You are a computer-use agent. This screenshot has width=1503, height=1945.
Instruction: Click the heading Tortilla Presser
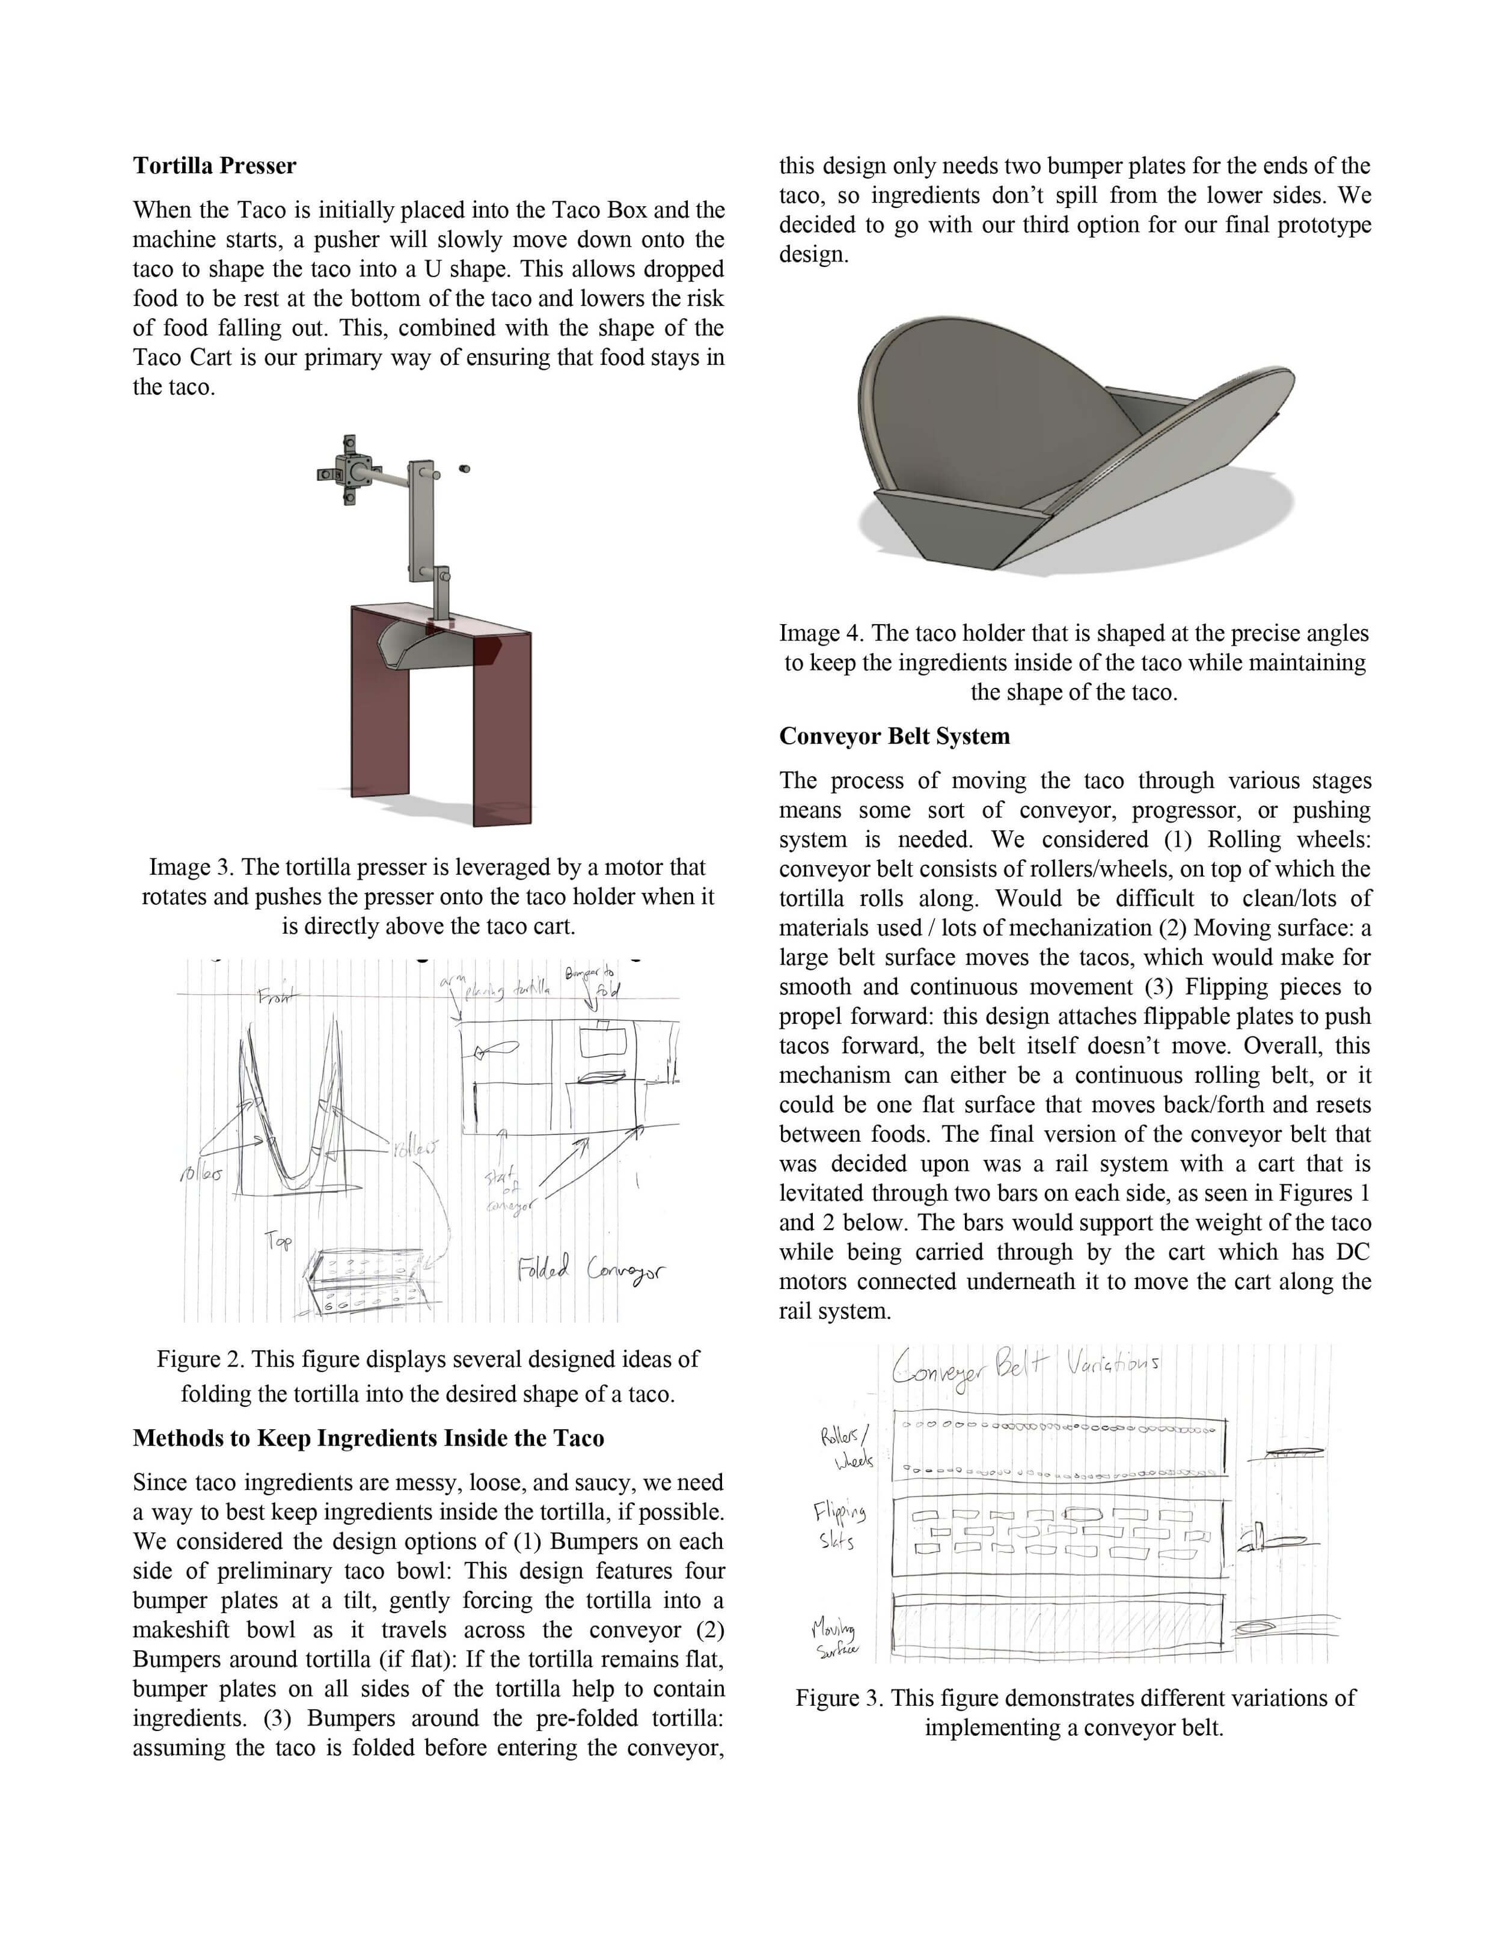[x=215, y=166]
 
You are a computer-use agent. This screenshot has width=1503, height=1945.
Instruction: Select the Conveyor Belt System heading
[x=894, y=737]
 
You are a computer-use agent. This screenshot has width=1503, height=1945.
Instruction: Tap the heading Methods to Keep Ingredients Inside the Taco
[x=369, y=1438]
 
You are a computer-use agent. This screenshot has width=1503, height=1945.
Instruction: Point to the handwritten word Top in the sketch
[x=277, y=1240]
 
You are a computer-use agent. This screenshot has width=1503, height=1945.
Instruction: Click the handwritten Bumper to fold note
[x=589, y=981]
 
